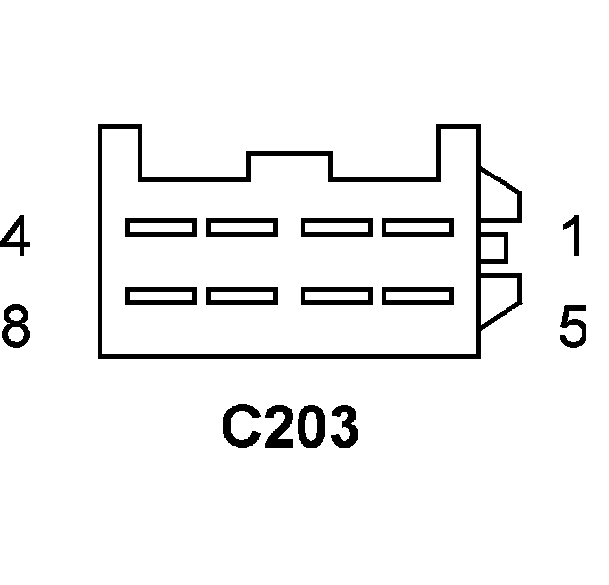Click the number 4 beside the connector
16,237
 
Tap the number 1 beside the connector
574,237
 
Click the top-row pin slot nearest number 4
160,228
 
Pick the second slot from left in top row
242,228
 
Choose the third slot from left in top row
336,228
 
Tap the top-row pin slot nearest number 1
418,228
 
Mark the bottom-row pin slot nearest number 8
160,294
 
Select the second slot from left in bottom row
242,294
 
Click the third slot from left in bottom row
336,294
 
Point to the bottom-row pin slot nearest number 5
418,294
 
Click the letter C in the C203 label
242,428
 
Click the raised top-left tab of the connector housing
120,151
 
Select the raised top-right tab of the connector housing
458,151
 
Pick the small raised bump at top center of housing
290,166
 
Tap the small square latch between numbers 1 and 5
493,248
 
